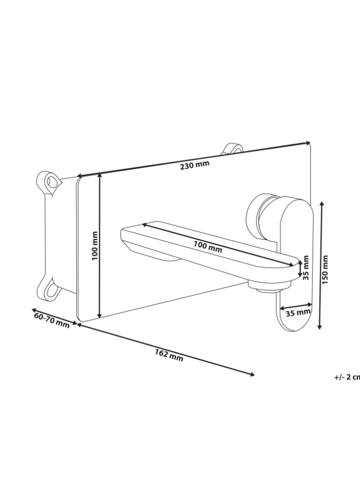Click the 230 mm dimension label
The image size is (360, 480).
click(195, 166)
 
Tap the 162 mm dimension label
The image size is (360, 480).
click(169, 355)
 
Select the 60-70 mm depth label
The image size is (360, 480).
click(52, 319)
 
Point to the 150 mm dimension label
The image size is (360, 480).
click(326, 269)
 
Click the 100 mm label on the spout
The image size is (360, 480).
click(208, 247)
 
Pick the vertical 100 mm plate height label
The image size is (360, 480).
click(94, 246)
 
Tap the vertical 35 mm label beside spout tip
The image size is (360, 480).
click(306, 267)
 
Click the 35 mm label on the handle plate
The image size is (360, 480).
click(297, 313)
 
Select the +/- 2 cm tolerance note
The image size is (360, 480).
click(347, 377)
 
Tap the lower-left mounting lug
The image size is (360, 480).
click(50, 290)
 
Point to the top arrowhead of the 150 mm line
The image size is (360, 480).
click(321, 205)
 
